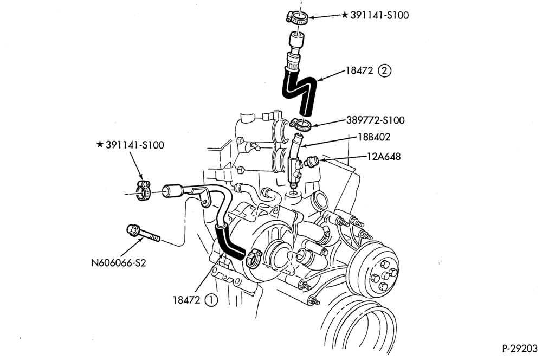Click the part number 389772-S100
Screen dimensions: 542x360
click(375, 120)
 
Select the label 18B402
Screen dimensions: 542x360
click(374, 137)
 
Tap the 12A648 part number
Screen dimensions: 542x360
click(384, 157)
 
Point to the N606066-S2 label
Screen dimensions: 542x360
click(119, 263)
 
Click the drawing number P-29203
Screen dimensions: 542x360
click(520, 348)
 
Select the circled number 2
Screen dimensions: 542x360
click(385, 71)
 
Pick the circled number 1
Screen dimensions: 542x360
click(211, 300)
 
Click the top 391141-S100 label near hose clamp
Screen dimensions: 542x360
click(379, 15)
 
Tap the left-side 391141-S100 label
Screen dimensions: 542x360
click(135, 145)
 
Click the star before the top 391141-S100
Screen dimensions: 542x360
click(345, 15)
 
